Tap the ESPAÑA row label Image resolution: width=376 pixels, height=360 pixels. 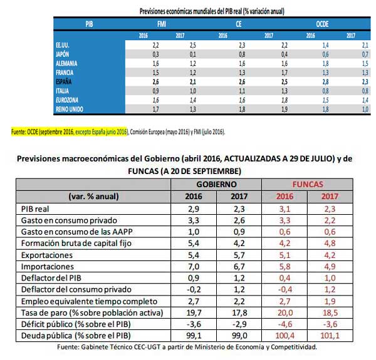[66, 81]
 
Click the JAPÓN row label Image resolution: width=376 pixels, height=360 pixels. [65, 54]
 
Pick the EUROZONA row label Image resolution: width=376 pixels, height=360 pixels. [68, 100]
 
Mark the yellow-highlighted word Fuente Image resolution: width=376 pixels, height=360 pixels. [19, 132]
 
